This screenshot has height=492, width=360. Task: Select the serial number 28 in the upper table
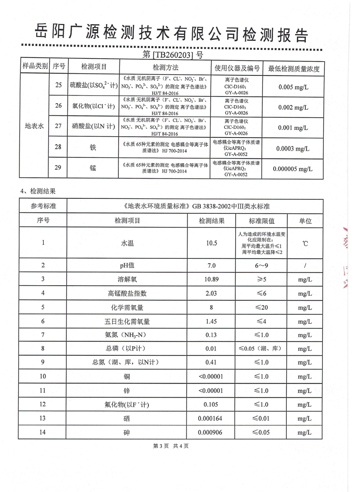click(x=58, y=148)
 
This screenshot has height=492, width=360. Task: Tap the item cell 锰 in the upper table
click(x=93, y=169)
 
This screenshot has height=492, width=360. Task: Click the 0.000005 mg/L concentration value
click(x=292, y=169)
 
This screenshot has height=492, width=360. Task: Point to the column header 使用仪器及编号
click(x=236, y=67)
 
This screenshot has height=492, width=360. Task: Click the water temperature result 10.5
click(x=211, y=243)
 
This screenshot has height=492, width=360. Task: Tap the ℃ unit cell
click(x=305, y=243)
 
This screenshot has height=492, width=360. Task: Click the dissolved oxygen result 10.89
click(x=211, y=279)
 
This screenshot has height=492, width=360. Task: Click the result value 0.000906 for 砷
click(x=211, y=432)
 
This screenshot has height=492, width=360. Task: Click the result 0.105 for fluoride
click(x=211, y=405)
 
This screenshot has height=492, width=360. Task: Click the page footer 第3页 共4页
click(x=171, y=458)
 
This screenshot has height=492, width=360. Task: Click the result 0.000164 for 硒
click(x=211, y=418)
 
